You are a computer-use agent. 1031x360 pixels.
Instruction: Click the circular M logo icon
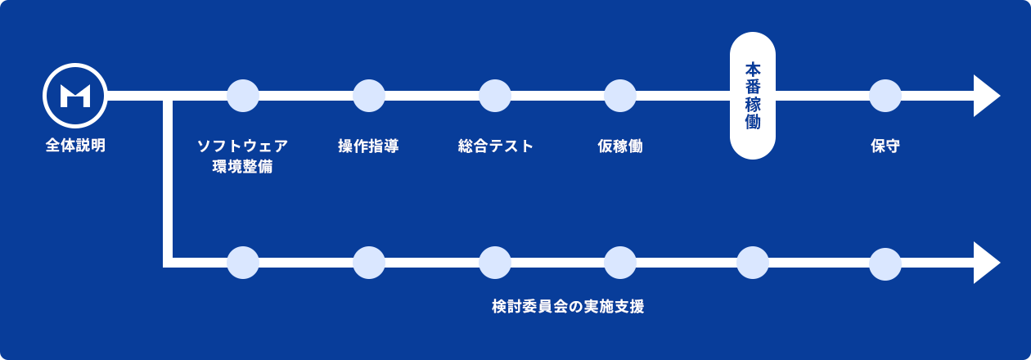coord(75,96)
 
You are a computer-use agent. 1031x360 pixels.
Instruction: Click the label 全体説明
coord(75,146)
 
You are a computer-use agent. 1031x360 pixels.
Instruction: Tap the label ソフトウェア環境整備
coord(242,156)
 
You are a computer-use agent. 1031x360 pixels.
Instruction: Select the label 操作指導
coord(368,146)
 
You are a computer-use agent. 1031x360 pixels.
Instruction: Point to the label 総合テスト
coord(495,146)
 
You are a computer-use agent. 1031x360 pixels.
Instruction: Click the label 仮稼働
coord(620,146)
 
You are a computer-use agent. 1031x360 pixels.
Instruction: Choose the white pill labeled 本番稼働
coord(753,96)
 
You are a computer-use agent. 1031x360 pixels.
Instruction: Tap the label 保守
coord(885,146)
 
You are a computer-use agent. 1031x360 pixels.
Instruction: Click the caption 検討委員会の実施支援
coord(568,307)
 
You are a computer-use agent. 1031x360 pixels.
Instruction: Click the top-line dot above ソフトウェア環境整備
coord(243,96)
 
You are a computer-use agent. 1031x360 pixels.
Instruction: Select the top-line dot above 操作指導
coord(369,96)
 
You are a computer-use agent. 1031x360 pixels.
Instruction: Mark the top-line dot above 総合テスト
coord(495,96)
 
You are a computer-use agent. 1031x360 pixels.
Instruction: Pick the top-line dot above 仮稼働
coord(620,96)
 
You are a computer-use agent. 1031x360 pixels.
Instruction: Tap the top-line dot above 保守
coord(885,96)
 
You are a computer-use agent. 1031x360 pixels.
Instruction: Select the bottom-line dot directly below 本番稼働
coord(753,263)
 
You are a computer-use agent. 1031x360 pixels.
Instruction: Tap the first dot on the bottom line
coord(243,263)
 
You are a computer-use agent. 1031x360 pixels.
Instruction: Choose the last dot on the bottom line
coord(885,263)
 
